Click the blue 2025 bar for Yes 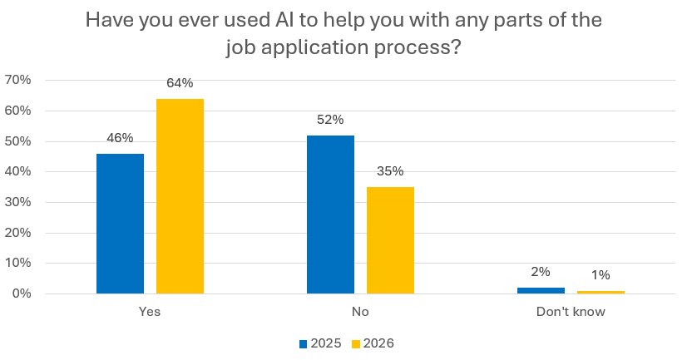[120, 224]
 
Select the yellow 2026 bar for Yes [180, 196]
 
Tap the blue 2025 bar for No [330, 215]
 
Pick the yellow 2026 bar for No [390, 240]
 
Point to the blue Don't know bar [541, 290]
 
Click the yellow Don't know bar [601, 292]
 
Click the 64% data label [180, 83]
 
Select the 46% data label [120, 138]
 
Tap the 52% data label [330, 120]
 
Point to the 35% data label [390, 171]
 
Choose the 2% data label [541, 272]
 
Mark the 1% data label [601, 275]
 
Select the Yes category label [150, 313]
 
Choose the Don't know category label [571, 313]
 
